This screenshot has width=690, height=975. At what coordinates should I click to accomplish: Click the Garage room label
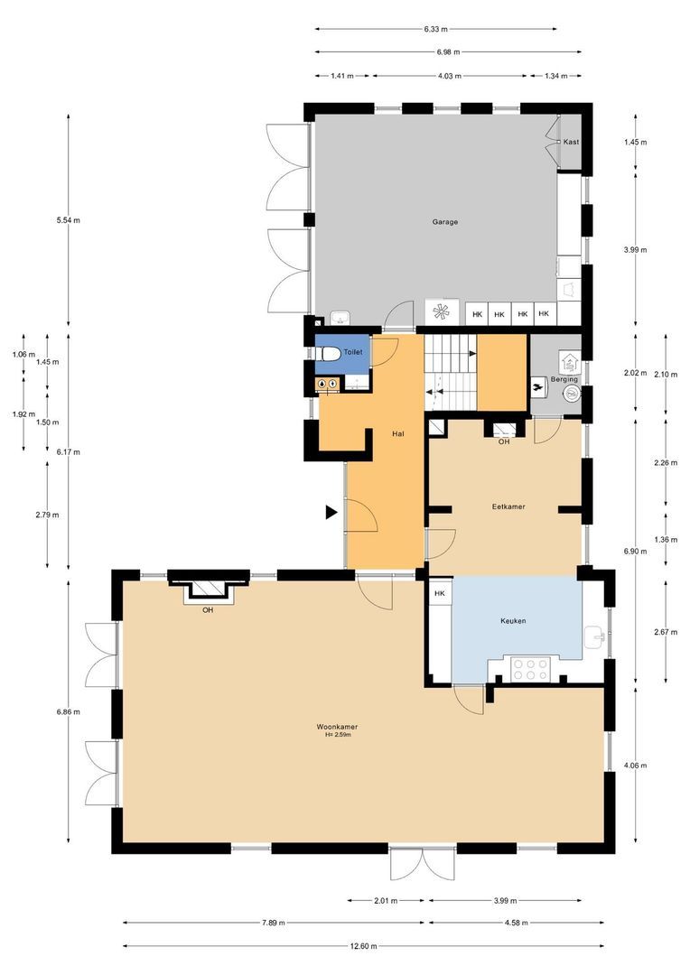click(x=444, y=221)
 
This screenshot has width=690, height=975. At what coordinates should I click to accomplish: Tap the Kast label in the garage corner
click(x=571, y=143)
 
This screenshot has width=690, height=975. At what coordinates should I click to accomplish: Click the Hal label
click(x=397, y=434)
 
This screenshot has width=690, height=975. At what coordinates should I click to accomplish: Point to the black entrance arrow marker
click(x=331, y=513)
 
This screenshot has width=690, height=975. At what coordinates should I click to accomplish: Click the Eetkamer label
click(x=508, y=506)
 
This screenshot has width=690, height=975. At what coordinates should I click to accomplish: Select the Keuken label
click(x=513, y=621)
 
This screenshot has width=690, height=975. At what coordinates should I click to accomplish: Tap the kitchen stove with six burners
click(x=531, y=669)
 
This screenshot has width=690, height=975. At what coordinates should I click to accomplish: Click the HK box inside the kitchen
click(x=440, y=593)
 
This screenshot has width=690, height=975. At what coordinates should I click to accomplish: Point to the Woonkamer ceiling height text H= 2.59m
click(x=338, y=735)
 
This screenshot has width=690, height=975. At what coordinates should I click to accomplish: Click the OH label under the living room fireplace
click(x=208, y=609)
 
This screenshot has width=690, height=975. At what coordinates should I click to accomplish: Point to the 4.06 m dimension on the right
click(x=635, y=766)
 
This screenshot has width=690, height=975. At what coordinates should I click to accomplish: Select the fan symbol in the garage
click(x=442, y=312)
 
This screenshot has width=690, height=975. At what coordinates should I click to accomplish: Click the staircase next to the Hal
click(x=449, y=371)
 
